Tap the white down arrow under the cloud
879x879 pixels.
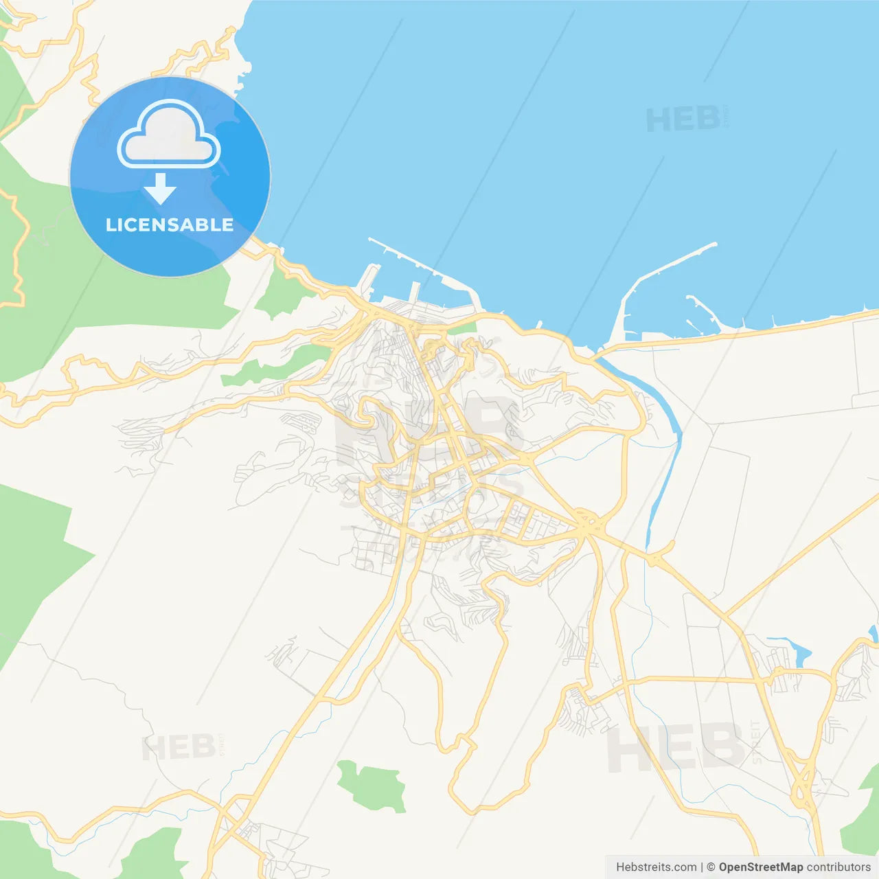click(160, 188)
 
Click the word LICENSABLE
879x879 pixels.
click(170, 225)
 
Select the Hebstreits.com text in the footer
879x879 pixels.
click(656, 867)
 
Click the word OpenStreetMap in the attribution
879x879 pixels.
click(760, 867)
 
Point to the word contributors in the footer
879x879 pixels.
click(838, 867)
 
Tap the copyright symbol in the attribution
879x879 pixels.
click(711, 867)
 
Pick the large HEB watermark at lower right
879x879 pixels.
click(676, 748)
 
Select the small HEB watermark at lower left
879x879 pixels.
click(178, 748)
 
